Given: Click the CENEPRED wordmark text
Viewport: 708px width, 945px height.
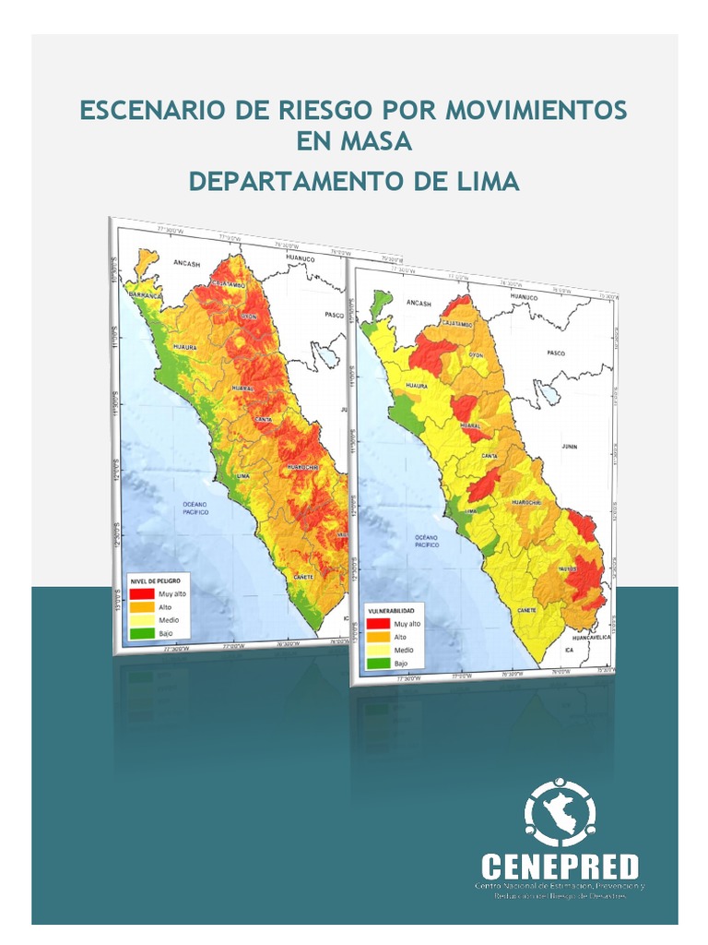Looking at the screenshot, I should coord(560,867).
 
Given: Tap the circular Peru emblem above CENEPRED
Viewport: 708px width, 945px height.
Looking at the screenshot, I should coord(560,813).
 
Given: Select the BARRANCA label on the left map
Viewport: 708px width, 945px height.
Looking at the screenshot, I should coord(146,294).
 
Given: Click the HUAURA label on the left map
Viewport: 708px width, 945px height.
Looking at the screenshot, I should coord(185,347).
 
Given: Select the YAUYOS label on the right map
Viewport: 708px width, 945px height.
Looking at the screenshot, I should coord(569,569).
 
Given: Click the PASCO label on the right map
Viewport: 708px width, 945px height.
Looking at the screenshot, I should coord(555,353).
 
